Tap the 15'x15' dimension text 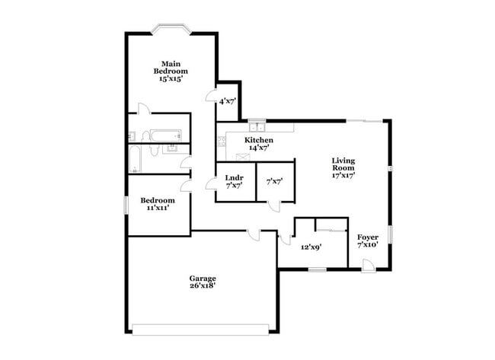[171, 78]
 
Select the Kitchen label [259, 141]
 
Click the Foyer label [368, 237]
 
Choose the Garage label [203, 278]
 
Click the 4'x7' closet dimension [227, 100]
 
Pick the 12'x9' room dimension [311, 247]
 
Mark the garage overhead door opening [201, 329]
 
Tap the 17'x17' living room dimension [343, 176]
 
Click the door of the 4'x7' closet [212, 96]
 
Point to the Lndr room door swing [210, 183]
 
